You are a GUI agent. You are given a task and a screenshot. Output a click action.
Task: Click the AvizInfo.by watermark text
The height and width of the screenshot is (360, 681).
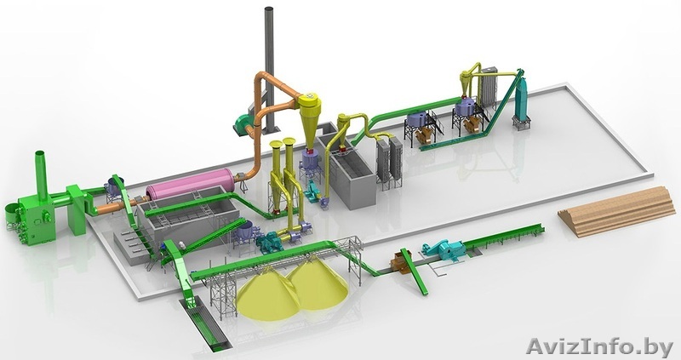tap(599, 346)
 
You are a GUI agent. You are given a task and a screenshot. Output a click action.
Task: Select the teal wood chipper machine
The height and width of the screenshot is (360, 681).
tap(444, 249)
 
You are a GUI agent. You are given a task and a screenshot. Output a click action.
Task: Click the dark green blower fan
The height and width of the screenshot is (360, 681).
tap(244, 123)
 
